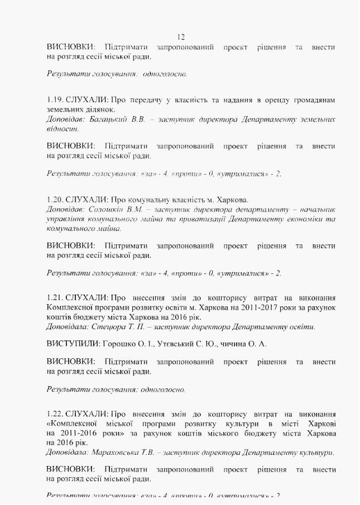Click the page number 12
tap(180, 37)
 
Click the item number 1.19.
tap(54, 100)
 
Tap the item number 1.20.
tap(54, 199)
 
